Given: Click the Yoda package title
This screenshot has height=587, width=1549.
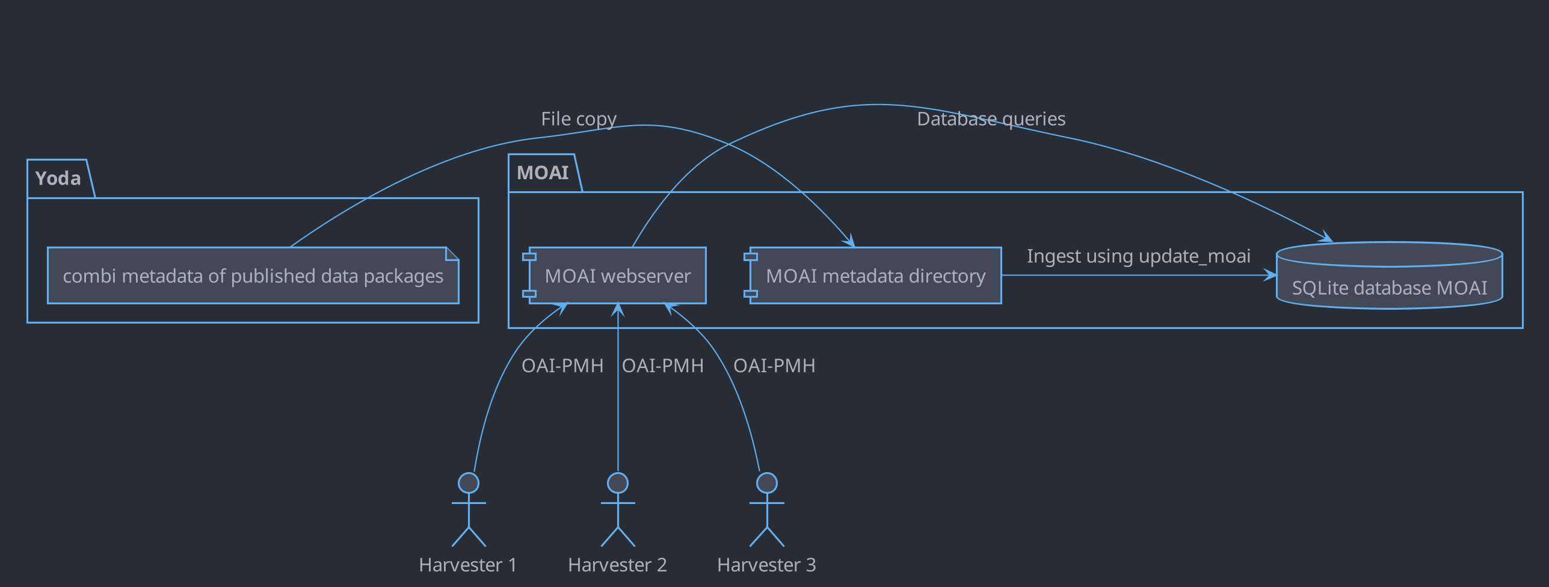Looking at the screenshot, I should click(x=58, y=179).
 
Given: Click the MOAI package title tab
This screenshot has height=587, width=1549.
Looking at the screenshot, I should click(x=543, y=173).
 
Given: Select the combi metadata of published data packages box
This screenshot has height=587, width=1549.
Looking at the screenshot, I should click(x=253, y=276).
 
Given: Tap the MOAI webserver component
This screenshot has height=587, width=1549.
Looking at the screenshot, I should click(x=617, y=276).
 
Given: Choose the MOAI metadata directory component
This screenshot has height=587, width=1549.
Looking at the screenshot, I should click(x=875, y=276).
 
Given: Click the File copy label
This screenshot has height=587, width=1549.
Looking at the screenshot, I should click(x=578, y=119).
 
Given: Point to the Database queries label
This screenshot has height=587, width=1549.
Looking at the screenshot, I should click(x=991, y=119).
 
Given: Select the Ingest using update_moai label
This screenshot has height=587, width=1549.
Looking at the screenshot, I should click(x=1138, y=256).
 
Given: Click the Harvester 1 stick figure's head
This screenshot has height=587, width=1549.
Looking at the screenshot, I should click(x=469, y=483).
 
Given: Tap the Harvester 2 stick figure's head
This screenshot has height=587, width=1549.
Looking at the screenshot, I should click(x=618, y=483).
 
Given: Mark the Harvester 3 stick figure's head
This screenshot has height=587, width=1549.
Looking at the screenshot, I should click(x=767, y=483).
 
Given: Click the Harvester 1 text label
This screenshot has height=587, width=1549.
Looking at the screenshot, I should click(x=468, y=565).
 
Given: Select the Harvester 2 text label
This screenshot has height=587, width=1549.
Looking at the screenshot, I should click(x=617, y=565).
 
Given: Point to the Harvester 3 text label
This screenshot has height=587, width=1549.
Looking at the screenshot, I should click(x=766, y=565).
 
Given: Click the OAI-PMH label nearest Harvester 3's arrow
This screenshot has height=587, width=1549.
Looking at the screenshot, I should click(x=774, y=366).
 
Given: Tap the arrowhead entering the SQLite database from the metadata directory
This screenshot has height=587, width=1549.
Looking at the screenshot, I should click(x=1270, y=275).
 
